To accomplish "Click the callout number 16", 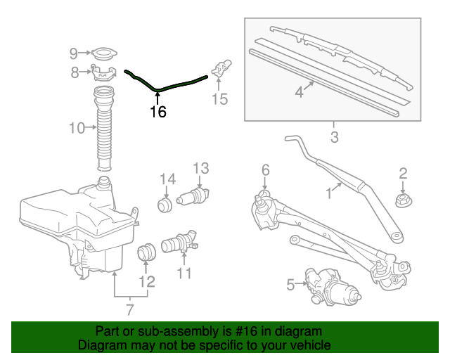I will pos(158,112).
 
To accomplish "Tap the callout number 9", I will pos(74,53).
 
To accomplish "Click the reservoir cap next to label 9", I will pos(105,53).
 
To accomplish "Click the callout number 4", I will pos(299,92).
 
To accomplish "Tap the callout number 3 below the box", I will pos(334,136).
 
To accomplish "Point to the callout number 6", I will pos(265,169).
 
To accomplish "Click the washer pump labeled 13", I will pos(195,197).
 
